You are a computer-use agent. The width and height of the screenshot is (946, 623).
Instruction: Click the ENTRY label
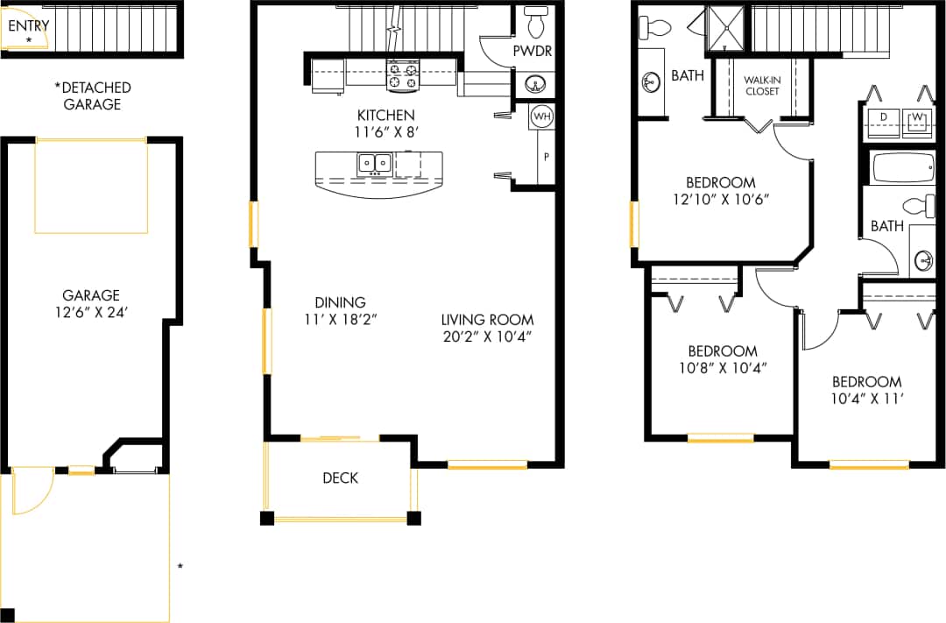coord(28,25)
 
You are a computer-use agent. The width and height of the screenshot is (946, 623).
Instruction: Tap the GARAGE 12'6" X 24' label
coord(90,303)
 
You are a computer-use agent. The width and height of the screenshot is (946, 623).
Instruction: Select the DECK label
coord(340,478)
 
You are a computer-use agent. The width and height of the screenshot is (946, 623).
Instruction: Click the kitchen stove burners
coord(402,76)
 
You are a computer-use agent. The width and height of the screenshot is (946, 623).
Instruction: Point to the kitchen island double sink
coord(374,163)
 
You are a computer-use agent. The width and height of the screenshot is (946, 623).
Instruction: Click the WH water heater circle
coord(541,116)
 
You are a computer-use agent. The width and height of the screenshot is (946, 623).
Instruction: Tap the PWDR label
coord(532,51)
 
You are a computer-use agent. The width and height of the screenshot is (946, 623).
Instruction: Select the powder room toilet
coord(535,18)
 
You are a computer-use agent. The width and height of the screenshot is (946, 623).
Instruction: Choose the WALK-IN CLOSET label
coord(760,85)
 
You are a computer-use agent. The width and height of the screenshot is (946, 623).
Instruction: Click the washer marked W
coord(918,118)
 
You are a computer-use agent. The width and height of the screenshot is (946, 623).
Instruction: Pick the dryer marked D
coord(884,118)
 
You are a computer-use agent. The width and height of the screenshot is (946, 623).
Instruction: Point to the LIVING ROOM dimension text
coord(487,336)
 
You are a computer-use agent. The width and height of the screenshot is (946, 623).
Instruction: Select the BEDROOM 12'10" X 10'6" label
coord(720,190)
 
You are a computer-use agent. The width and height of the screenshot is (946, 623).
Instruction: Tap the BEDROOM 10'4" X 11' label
coord(866,390)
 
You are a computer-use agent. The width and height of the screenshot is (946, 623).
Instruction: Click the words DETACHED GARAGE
coord(92,96)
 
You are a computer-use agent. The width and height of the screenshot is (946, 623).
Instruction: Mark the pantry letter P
coord(546,157)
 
